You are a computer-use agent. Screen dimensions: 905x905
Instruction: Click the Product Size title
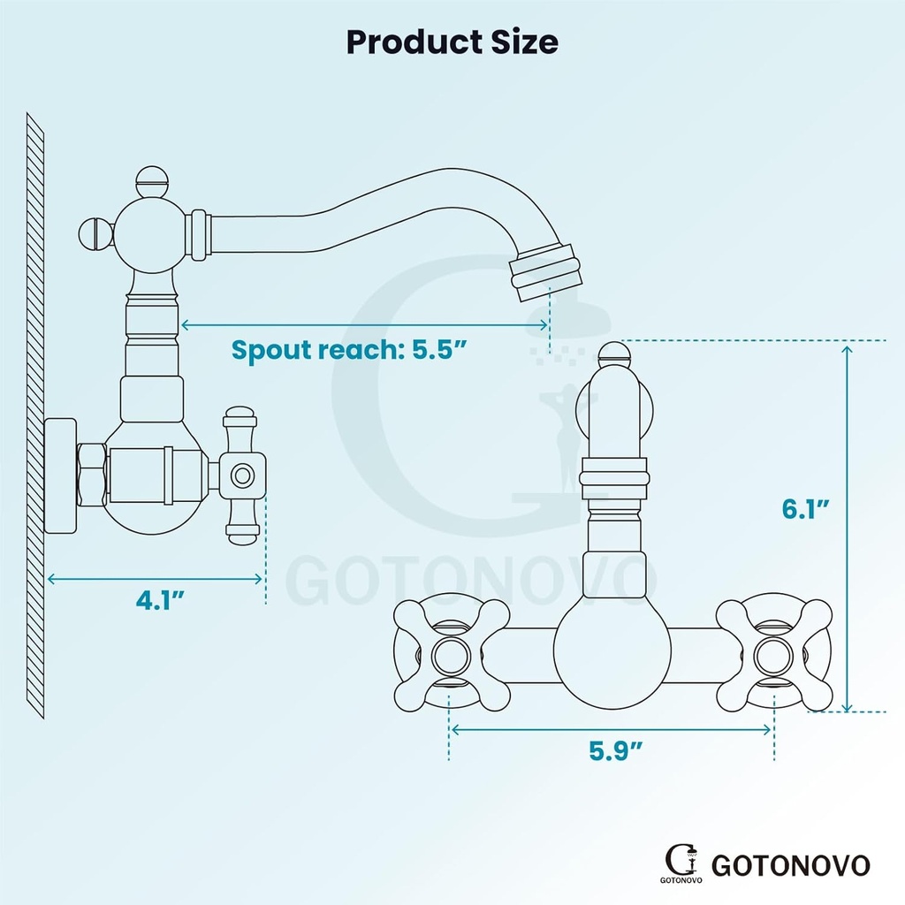click(452, 42)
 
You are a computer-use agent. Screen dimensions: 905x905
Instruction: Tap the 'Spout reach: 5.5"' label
click(348, 350)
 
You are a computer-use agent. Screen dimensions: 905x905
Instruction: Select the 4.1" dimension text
click(160, 601)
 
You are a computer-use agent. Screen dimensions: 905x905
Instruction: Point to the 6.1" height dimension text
click(805, 509)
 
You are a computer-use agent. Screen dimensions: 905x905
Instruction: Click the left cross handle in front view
click(451, 655)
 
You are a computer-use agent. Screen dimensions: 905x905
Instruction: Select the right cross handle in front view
click(774, 655)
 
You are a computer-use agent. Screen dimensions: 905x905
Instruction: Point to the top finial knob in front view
click(613, 354)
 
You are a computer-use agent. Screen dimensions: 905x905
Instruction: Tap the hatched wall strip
click(35, 415)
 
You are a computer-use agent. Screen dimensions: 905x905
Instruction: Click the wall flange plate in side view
click(60, 475)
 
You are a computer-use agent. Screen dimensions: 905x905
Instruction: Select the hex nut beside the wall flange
click(92, 475)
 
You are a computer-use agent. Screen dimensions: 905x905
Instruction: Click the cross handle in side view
click(241, 475)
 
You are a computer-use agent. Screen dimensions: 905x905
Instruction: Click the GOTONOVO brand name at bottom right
click(790, 864)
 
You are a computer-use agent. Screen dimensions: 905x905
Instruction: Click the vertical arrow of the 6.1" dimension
click(848, 527)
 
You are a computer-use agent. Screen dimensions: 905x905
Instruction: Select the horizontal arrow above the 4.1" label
click(155, 579)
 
